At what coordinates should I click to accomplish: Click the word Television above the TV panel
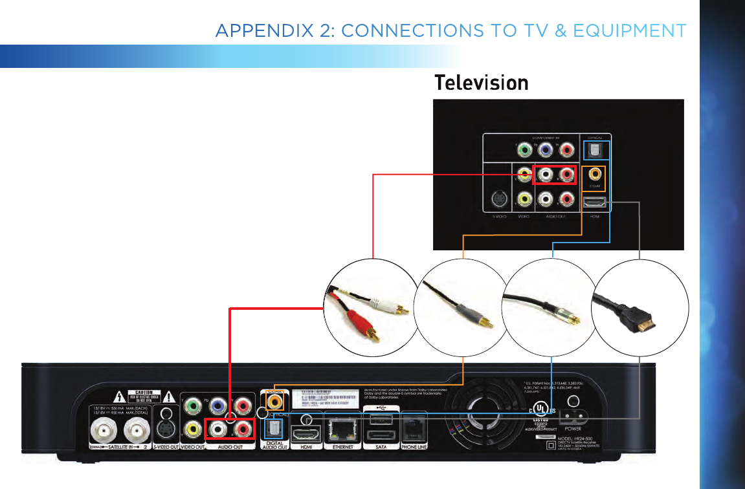pyautogui.click(x=481, y=83)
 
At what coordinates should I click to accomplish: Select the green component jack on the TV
pyautogui.click(x=526, y=151)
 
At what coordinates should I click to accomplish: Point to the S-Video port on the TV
pyautogui.click(x=498, y=199)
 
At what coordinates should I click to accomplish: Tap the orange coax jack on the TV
pyautogui.click(x=593, y=174)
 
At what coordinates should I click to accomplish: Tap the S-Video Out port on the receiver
pyautogui.click(x=166, y=428)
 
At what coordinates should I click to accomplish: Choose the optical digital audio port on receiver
pyautogui.click(x=273, y=428)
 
